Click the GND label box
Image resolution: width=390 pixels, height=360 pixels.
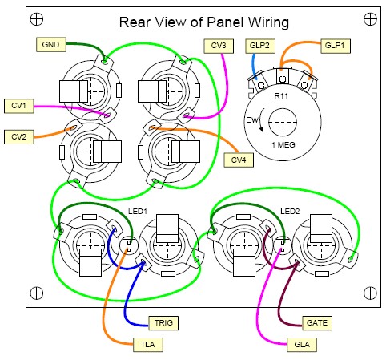[51, 44]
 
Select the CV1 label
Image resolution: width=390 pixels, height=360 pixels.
[19, 106]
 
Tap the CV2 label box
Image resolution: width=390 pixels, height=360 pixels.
[19, 137]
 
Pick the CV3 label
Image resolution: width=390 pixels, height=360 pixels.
[219, 46]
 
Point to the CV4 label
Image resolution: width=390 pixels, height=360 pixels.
[239, 160]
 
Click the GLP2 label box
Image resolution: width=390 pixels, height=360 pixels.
[260, 46]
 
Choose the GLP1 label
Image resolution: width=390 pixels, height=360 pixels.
[336, 46]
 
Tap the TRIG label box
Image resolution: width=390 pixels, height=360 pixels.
[163, 323]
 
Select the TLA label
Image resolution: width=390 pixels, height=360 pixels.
[148, 344]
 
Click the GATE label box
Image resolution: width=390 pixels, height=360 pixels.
[317, 323]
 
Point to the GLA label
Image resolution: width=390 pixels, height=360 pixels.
[302, 344]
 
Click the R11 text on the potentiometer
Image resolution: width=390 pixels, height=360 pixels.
[281, 95]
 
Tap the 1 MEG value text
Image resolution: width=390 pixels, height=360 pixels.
[283, 145]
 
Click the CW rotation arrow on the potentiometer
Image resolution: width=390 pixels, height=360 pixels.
[260, 119]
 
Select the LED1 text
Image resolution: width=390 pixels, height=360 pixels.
[138, 212]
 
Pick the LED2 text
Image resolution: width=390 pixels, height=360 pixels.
[290, 212]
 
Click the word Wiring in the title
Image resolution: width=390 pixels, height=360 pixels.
[268, 22]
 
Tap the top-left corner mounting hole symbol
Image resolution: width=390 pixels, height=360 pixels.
[37, 19]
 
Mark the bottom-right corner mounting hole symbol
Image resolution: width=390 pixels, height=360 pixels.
[370, 293]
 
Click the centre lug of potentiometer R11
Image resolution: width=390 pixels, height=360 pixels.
[283, 76]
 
